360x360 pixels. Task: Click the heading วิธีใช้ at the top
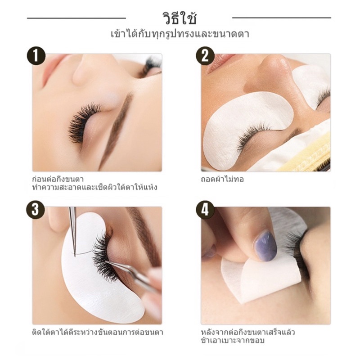pos(180,18)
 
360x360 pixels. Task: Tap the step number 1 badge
pos(36,56)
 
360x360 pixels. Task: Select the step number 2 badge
pos(205,56)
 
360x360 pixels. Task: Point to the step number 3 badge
pos(36,209)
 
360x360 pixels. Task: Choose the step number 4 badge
pos(205,209)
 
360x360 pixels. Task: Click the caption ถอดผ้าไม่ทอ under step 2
pos(222,179)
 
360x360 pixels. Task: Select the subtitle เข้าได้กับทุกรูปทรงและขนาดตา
pos(180,34)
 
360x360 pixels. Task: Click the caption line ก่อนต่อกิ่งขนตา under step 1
pos(58,179)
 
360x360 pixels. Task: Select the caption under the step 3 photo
pos(97,332)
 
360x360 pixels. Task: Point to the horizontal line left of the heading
pos(76,18)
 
